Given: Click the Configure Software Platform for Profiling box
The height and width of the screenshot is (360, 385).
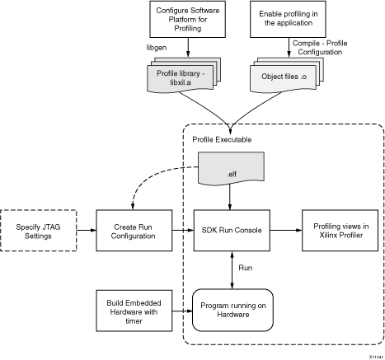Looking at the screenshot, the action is (x=187, y=19).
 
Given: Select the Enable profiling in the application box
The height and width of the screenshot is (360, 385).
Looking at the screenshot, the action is (x=288, y=19).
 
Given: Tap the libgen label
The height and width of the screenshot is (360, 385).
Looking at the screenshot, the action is (x=157, y=48).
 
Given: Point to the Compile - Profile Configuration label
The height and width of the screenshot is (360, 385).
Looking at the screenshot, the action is (x=320, y=48).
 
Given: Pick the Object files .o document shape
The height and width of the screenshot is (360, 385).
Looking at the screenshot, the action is (x=286, y=75).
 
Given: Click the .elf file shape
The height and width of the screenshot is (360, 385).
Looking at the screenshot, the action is (x=231, y=168).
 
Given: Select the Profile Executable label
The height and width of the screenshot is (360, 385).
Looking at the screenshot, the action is (x=222, y=139).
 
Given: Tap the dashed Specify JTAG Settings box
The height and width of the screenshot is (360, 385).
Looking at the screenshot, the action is (x=38, y=231).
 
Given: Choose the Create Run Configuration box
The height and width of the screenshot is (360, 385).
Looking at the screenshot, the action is (x=134, y=231).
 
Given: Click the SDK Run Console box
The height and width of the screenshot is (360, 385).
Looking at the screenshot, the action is (x=232, y=231).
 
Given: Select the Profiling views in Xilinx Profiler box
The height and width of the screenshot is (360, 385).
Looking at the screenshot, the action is (x=340, y=231).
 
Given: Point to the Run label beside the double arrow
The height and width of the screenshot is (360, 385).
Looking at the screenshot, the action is (x=246, y=268).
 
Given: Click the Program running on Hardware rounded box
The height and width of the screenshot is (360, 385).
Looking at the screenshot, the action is (x=232, y=310).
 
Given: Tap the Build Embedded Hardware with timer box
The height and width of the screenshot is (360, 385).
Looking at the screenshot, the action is (x=134, y=311).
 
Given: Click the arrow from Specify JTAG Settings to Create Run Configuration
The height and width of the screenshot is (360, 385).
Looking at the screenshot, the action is (x=87, y=230).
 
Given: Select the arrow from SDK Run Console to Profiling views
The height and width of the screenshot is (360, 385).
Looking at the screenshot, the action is (x=286, y=230).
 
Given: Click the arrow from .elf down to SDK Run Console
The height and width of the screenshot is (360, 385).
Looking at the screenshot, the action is (x=230, y=196).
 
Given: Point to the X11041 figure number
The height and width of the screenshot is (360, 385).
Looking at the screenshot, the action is (x=376, y=357).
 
